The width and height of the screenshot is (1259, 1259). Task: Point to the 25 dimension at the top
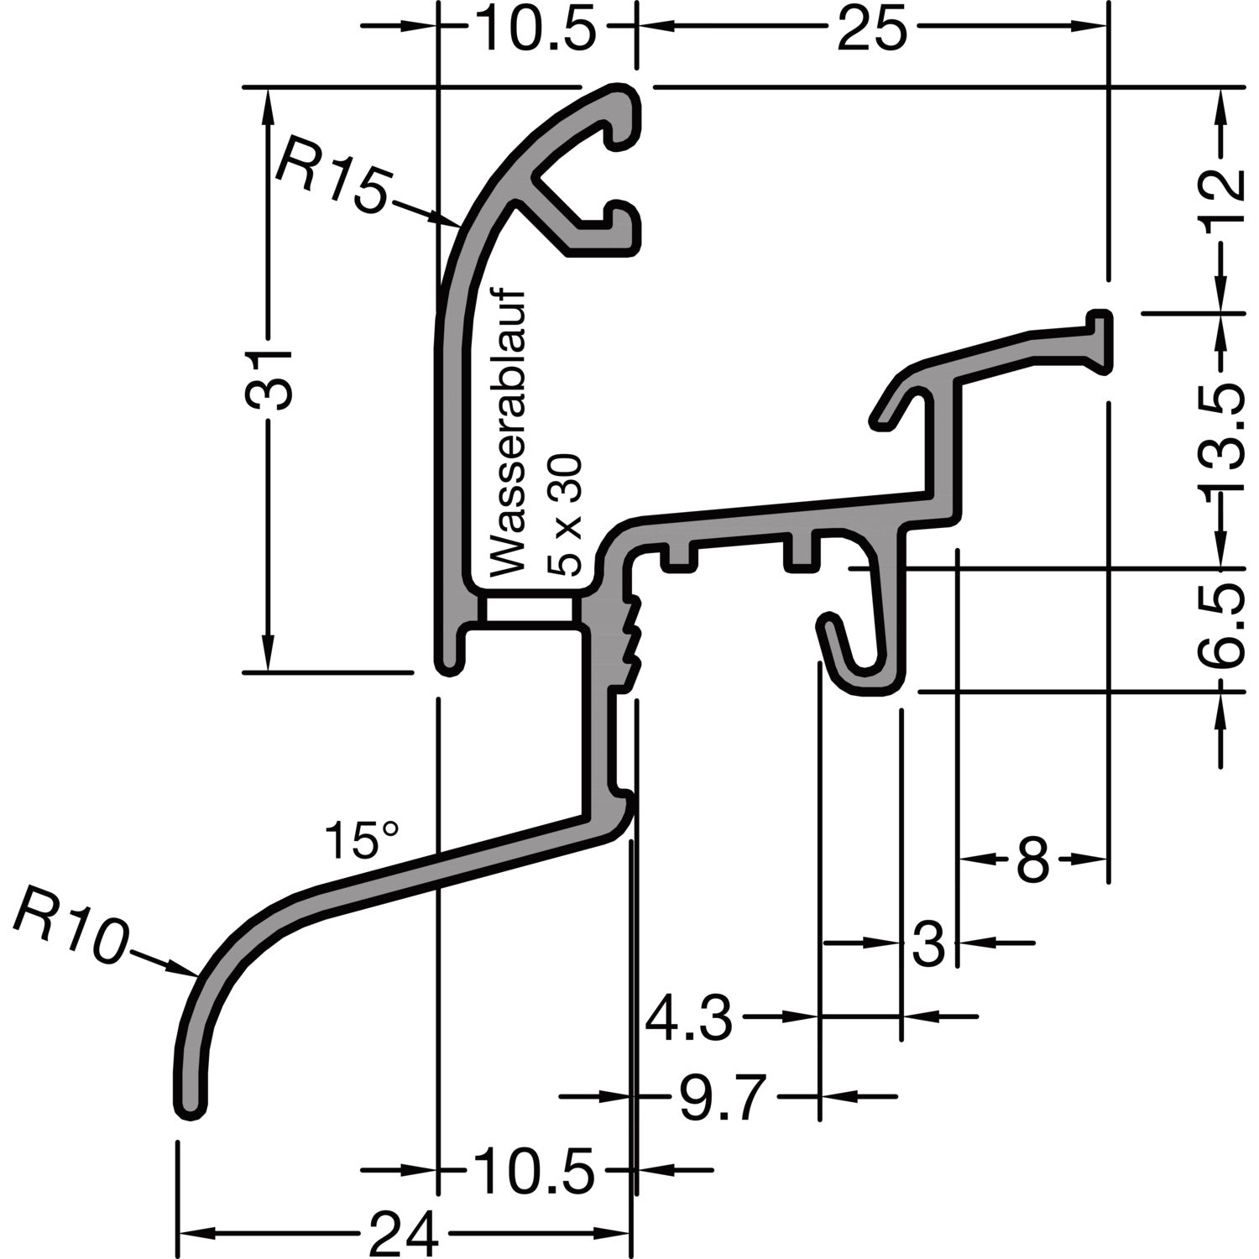[x=872, y=30]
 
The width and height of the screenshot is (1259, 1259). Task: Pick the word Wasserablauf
[x=506, y=433]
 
